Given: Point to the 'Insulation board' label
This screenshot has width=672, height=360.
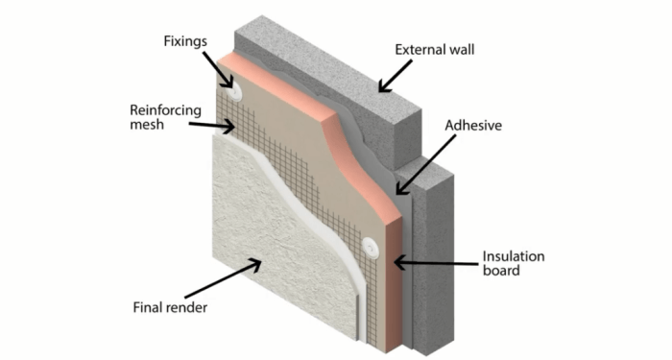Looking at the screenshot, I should pyautogui.click(x=513, y=263).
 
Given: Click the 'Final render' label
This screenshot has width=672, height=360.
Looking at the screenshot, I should pyautogui.click(x=170, y=308).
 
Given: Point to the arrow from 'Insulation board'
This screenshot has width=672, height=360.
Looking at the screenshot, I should pyautogui.click(x=436, y=260).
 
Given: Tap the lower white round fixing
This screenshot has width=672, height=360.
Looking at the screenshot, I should pyautogui.click(x=372, y=247).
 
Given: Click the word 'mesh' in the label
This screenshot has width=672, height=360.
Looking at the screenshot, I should pyautogui.click(x=147, y=125).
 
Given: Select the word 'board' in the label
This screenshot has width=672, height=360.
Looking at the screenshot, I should pyautogui.click(x=501, y=272).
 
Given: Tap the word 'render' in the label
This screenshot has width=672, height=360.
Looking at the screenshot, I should pyautogui.click(x=186, y=308).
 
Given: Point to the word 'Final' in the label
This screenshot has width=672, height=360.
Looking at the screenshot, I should pyautogui.click(x=147, y=308).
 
